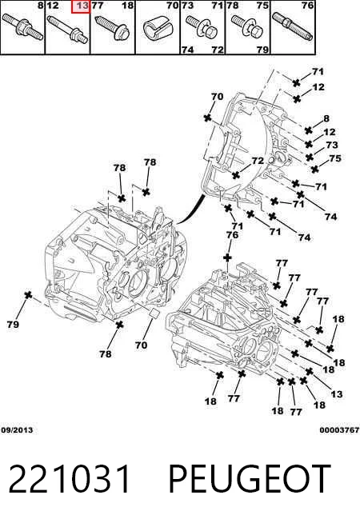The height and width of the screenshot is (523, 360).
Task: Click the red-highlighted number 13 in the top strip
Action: click(x=82, y=6)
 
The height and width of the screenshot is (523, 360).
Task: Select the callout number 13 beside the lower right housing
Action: click(x=337, y=394)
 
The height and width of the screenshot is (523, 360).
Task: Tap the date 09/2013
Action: click(x=17, y=430)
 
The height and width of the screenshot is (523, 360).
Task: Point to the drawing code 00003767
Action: click(x=339, y=430)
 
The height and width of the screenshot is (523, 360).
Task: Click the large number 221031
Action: click(x=70, y=479)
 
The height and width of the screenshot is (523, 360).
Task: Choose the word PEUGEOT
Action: click(x=250, y=479)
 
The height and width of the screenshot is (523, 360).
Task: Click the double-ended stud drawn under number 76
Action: click(x=293, y=26)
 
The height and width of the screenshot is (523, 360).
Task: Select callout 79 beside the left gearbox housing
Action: click(x=13, y=324)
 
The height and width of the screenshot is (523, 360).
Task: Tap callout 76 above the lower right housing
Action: click(x=232, y=235)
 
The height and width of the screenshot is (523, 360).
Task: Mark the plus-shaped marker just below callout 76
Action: click(x=227, y=258)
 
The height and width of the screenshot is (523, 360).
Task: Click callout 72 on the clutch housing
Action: click(x=258, y=161)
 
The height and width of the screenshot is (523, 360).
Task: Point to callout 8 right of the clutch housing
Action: click(x=326, y=118)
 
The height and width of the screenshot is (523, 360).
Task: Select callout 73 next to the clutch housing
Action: click(x=332, y=145)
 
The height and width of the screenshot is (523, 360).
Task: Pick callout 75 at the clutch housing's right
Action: click(x=335, y=158)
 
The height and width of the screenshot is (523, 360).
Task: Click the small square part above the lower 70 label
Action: click(x=154, y=313)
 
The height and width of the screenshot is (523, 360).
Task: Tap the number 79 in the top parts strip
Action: click(x=262, y=50)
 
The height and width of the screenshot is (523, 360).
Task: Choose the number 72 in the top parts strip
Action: click(x=218, y=50)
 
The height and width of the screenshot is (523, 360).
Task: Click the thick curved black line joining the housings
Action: click(x=191, y=210)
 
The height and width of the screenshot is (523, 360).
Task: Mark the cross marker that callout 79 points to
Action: click(x=28, y=295)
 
